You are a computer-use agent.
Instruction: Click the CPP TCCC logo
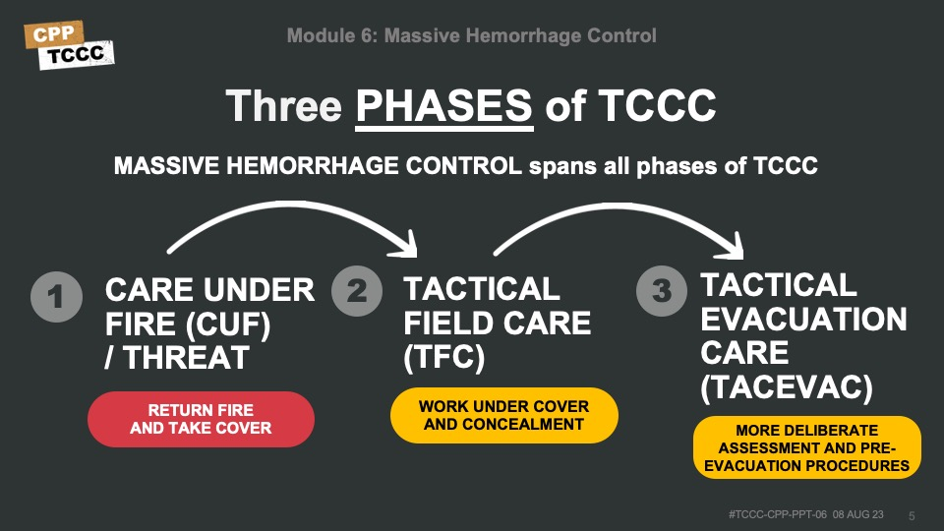coord(69,45)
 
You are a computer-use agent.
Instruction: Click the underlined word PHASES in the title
coord(444,106)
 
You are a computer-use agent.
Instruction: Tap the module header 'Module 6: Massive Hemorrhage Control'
coord(471,35)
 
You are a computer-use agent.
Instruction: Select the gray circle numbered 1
coord(56,297)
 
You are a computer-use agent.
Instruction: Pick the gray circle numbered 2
coord(357,291)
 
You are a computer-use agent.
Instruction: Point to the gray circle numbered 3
coord(662,291)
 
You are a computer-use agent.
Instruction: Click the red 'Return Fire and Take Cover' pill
coord(201,419)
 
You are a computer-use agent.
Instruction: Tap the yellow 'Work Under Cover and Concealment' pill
coord(503,415)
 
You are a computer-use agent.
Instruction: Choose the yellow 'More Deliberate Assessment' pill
coord(806,448)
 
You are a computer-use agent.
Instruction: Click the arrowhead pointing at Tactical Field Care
coord(406,246)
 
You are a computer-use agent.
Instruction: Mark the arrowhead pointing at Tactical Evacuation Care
coord(733,247)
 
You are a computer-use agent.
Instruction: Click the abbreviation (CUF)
coord(228,325)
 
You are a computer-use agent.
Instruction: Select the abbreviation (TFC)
coord(443,358)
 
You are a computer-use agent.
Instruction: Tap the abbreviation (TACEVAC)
coord(787,387)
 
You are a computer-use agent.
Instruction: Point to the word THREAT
coord(186,358)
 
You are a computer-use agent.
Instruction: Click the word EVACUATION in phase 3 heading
coord(803,319)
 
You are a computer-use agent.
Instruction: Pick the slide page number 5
coord(912,516)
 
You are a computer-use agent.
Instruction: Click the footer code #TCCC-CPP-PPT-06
coord(777,514)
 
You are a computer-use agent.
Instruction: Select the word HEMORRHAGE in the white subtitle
coord(312,166)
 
